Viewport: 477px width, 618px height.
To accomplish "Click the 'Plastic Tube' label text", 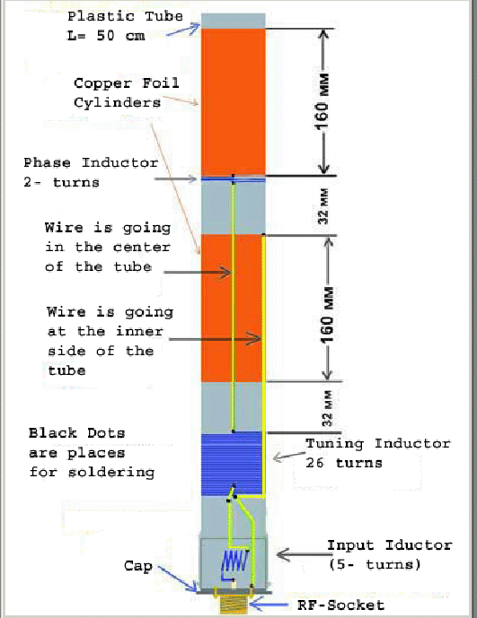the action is (x=125, y=16).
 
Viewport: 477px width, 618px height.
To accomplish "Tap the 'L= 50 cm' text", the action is (x=106, y=36).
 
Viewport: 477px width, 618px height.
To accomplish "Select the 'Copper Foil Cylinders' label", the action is (x=127, y=93).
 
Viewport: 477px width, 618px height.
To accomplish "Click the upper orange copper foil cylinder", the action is (x=233, y=101).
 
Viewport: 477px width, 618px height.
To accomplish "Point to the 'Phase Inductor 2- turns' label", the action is (x=91, y=172).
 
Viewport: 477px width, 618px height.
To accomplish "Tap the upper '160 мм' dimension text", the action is (x=322, y=101).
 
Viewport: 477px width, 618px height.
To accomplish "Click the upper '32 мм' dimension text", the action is (x=323, y=206).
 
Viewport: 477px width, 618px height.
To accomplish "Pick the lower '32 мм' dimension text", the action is (x=327, y=408).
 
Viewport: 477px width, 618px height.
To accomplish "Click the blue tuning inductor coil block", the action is (x=232, y=465).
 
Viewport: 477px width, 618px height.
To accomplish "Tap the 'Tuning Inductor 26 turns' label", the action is (x=378, y=453).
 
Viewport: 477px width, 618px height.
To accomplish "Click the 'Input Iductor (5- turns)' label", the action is (x=390, y=555).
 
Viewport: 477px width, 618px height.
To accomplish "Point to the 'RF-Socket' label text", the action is (x=340, y=605).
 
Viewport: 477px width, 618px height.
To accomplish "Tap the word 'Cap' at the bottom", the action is (x=138, y=566).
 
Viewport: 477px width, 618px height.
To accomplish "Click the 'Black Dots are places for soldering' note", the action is (x=92, y=452).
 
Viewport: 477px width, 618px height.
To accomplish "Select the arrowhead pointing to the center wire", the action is (x=225, y=273).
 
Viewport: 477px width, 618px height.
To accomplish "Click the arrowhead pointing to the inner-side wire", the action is (x=254, y=338).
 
